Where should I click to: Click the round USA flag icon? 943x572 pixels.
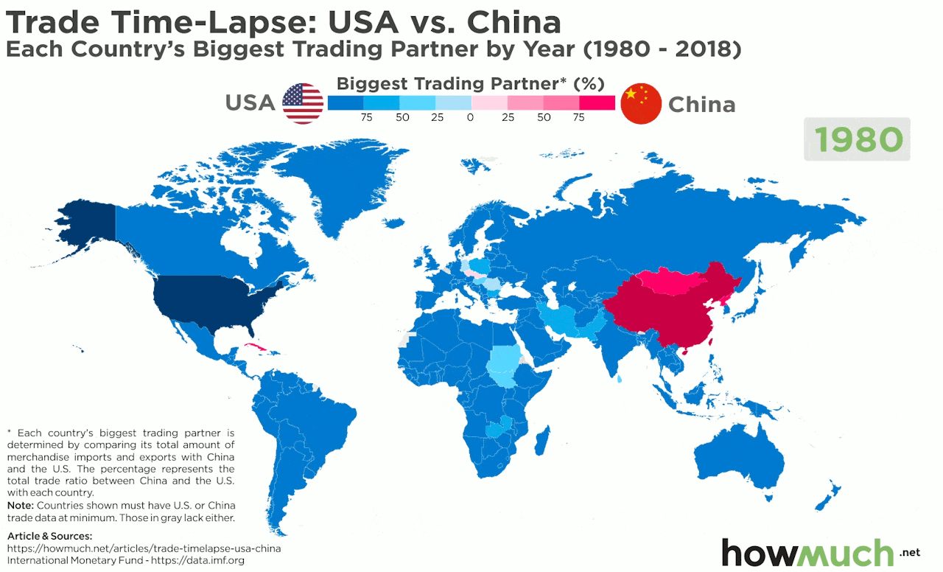[x=303, y=103]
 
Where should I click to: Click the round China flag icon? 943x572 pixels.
[x=642, y=103]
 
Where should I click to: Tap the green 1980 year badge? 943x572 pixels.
[x=858, y=139]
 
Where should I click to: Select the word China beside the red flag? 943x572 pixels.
[x=701, y=105]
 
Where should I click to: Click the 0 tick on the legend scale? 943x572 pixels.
[x=470, y=117]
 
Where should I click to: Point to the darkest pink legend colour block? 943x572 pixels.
[x=597, y=102]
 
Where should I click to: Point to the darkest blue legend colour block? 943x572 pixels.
[x=345, y=102]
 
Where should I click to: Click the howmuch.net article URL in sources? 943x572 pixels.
[x=144, y=548]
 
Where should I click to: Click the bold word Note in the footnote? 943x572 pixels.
[x=20, y=506]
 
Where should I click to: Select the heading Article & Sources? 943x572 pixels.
[x=50, y=536]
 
